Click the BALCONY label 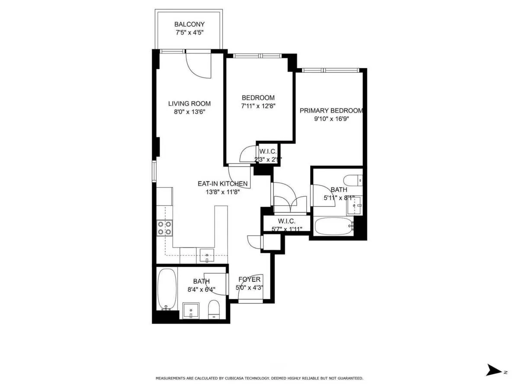click(x=189, y=25)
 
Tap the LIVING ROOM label click(x=189, y=103)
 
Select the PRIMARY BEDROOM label click(x=331, y=111)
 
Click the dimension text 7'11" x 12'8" click(x=259, y=105)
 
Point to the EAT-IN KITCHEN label click(x=223, y=184)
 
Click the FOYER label click(x=248, y=280)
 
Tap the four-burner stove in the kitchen click(x=164, y=228)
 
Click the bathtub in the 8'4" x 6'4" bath click(x=167, y=289)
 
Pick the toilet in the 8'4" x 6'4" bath click(x=214, y=309)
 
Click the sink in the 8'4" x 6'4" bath click(x=191, y=310)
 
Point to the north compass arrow click(x=493, y=370)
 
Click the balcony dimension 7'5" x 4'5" click(x=189, y=32)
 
